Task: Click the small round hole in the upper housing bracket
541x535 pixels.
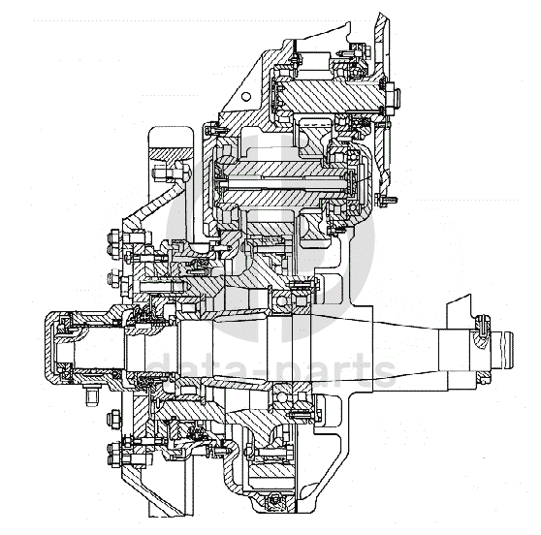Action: [245, 96]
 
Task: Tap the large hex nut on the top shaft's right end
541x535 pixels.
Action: [391, 98]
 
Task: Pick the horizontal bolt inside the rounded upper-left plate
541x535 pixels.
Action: [171, 173]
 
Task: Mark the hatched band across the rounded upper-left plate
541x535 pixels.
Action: [171, 154]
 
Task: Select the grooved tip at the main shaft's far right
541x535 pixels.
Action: [503, 350]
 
